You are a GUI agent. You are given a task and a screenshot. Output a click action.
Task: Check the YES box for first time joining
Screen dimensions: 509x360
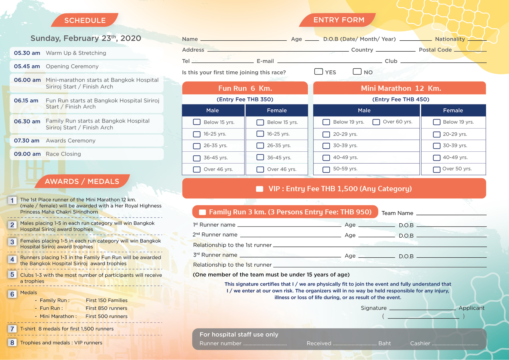pos(318,72)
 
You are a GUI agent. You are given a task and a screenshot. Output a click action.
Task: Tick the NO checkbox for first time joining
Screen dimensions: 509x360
pos(357,72)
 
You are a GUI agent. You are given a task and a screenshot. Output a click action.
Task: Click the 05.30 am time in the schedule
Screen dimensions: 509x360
pos(27,53)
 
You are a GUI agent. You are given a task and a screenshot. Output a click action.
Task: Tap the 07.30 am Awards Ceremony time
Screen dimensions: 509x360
pos(27,141)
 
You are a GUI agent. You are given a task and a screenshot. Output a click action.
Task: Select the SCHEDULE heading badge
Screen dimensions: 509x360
pos(85,20)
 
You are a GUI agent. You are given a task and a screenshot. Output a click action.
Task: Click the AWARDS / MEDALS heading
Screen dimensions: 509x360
pos(82,181)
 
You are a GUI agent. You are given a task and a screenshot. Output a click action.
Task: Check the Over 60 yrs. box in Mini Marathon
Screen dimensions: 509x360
pos(376,122)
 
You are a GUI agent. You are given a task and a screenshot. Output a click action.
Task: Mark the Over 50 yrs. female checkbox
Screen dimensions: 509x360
pos(436,169)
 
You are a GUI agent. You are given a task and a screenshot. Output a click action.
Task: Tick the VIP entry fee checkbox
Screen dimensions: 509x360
pos(259,189)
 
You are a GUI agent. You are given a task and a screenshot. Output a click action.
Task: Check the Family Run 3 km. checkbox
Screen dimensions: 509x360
pos(202,212)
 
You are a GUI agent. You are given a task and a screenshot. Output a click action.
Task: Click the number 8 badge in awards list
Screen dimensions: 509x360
pos(12,343)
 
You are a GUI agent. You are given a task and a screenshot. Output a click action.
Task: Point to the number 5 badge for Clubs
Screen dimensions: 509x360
pos(12,274)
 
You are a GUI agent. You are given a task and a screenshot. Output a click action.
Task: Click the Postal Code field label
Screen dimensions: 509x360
pos(435,50)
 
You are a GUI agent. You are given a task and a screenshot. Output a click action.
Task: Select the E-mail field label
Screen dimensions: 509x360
pos(265,61)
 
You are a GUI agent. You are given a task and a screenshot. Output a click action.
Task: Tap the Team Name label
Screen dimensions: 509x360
pos(397,213)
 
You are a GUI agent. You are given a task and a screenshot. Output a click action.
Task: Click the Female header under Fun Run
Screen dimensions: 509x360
pos(277,111)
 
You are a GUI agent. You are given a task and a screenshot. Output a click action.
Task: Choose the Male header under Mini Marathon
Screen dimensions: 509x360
pos(364,111)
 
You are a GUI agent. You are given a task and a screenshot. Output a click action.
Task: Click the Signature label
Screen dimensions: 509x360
pos(373,308)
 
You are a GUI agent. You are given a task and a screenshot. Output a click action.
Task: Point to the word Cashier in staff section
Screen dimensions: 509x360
pos(420,343)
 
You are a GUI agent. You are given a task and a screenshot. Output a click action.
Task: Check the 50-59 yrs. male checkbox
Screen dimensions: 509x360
pos(326,169)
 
